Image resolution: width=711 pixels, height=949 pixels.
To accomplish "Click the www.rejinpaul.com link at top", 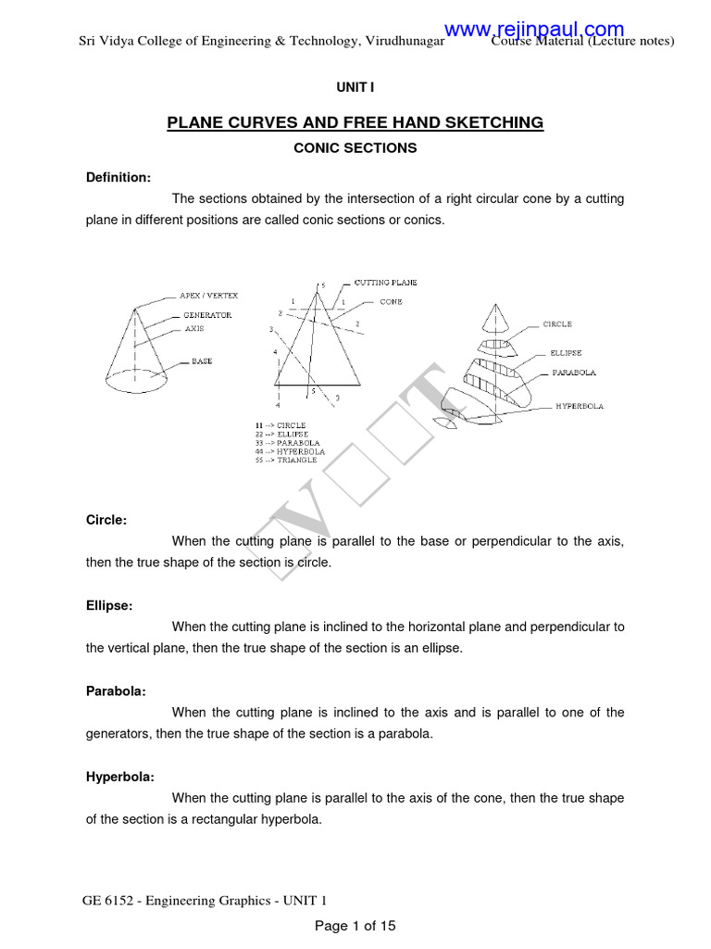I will tap(534, 30).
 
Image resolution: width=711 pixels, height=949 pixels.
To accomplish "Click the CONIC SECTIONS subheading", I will tap(355, 147).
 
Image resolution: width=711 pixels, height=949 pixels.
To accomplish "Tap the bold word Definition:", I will tap(118, 177).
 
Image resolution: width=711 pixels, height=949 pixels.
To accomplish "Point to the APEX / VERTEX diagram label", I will tap(208, 296).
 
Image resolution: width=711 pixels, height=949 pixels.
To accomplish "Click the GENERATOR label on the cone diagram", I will tap(206, 315).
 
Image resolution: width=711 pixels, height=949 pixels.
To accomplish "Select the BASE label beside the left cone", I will tap(202, 361).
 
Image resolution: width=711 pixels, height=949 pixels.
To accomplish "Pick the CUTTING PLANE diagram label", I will tap(386, 282).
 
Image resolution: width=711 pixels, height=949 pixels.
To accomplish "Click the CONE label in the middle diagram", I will tap(391, 302).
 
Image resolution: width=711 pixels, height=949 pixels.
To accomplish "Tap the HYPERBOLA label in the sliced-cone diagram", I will tap(580, 406).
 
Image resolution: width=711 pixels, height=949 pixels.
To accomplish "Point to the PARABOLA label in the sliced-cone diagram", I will tap(574, 373).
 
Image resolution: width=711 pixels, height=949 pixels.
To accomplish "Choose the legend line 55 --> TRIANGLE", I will tap(286, 460).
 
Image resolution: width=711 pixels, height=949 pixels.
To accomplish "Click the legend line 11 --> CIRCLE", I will tap(281, 425).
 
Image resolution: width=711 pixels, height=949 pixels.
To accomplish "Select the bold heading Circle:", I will tap(106, 520).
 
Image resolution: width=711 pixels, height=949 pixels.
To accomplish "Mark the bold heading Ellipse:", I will tap(109, 605).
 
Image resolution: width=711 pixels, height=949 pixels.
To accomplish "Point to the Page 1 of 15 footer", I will tap(355, 925).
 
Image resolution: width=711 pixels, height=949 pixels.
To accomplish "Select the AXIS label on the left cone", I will tap(193, 328).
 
